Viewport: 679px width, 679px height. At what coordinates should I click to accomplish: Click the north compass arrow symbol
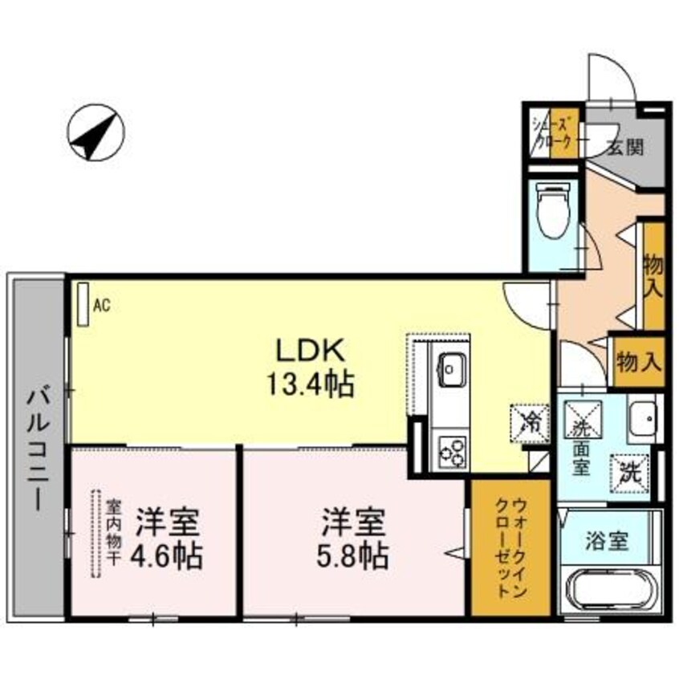coord(96,132)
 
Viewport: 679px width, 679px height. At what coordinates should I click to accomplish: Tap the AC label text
coord(102,306)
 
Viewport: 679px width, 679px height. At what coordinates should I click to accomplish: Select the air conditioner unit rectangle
coord(83,304)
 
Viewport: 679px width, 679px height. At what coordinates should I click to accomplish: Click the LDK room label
coord(311,352)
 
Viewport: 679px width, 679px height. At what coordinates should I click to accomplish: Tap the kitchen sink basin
coord(453,369)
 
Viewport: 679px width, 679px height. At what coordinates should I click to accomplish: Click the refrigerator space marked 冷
coord(530,423)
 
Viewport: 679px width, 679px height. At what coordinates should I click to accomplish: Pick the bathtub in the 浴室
coord(611,591)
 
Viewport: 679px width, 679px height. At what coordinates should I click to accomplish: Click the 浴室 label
coord(607,541)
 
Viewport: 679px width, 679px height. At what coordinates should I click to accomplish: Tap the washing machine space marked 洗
coord(629,474)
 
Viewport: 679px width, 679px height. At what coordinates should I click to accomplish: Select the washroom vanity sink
coord(643,418)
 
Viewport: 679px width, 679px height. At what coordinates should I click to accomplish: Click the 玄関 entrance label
coord(625,148)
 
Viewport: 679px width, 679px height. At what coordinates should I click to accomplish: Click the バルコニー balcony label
coord(38,450)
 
